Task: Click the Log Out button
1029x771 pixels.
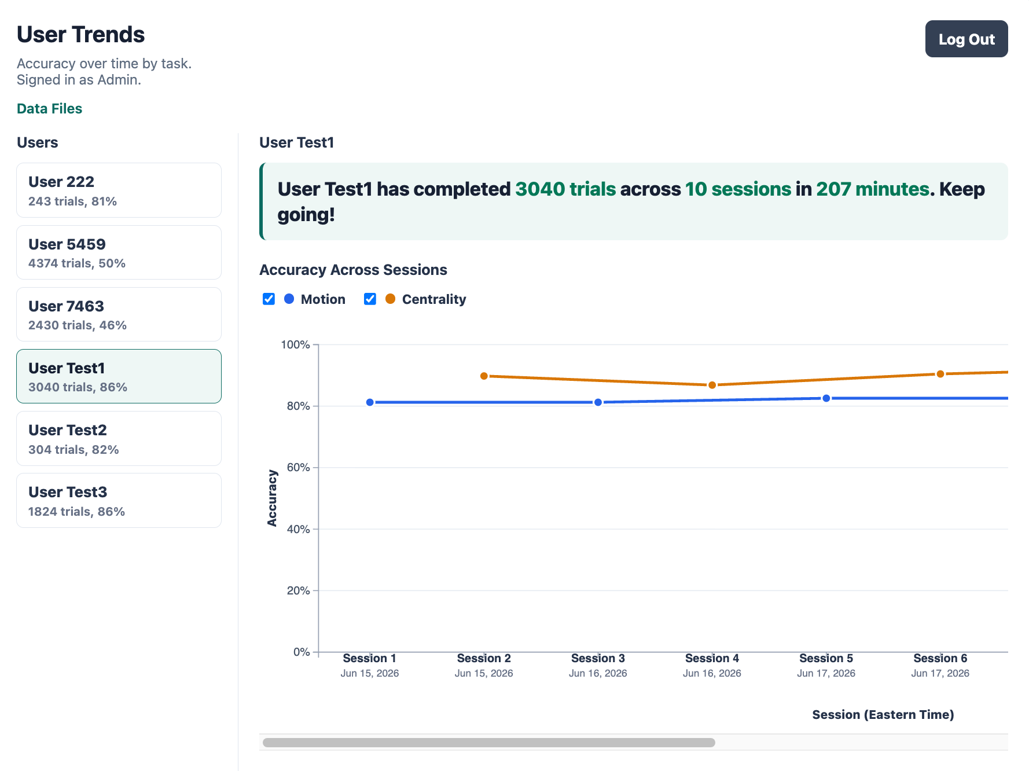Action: [966, 39]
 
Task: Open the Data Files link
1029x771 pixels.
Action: [49, 109]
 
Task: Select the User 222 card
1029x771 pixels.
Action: [119, 190]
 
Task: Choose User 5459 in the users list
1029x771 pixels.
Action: [119, 252]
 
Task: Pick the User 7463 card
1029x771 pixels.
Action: [119, 314]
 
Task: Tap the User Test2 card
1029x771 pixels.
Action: [119, 438]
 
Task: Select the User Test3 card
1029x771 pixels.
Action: [119, 500]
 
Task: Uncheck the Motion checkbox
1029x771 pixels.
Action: [269, 299]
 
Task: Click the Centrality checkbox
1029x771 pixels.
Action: [370, 299]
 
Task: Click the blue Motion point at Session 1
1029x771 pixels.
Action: [370, 402]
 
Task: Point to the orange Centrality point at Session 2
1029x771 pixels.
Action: [484, 376]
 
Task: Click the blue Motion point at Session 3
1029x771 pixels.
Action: [598, 402]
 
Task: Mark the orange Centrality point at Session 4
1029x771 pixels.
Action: [712, 385]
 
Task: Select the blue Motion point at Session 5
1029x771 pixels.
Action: [826, 398]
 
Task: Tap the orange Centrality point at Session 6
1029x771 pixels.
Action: [940, 374]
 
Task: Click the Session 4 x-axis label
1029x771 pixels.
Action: [712, 658]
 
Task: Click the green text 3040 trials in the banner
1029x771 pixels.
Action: [565, 189]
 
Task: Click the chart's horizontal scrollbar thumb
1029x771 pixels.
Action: [489, 743]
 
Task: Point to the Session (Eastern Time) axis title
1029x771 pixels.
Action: [883, 715]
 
